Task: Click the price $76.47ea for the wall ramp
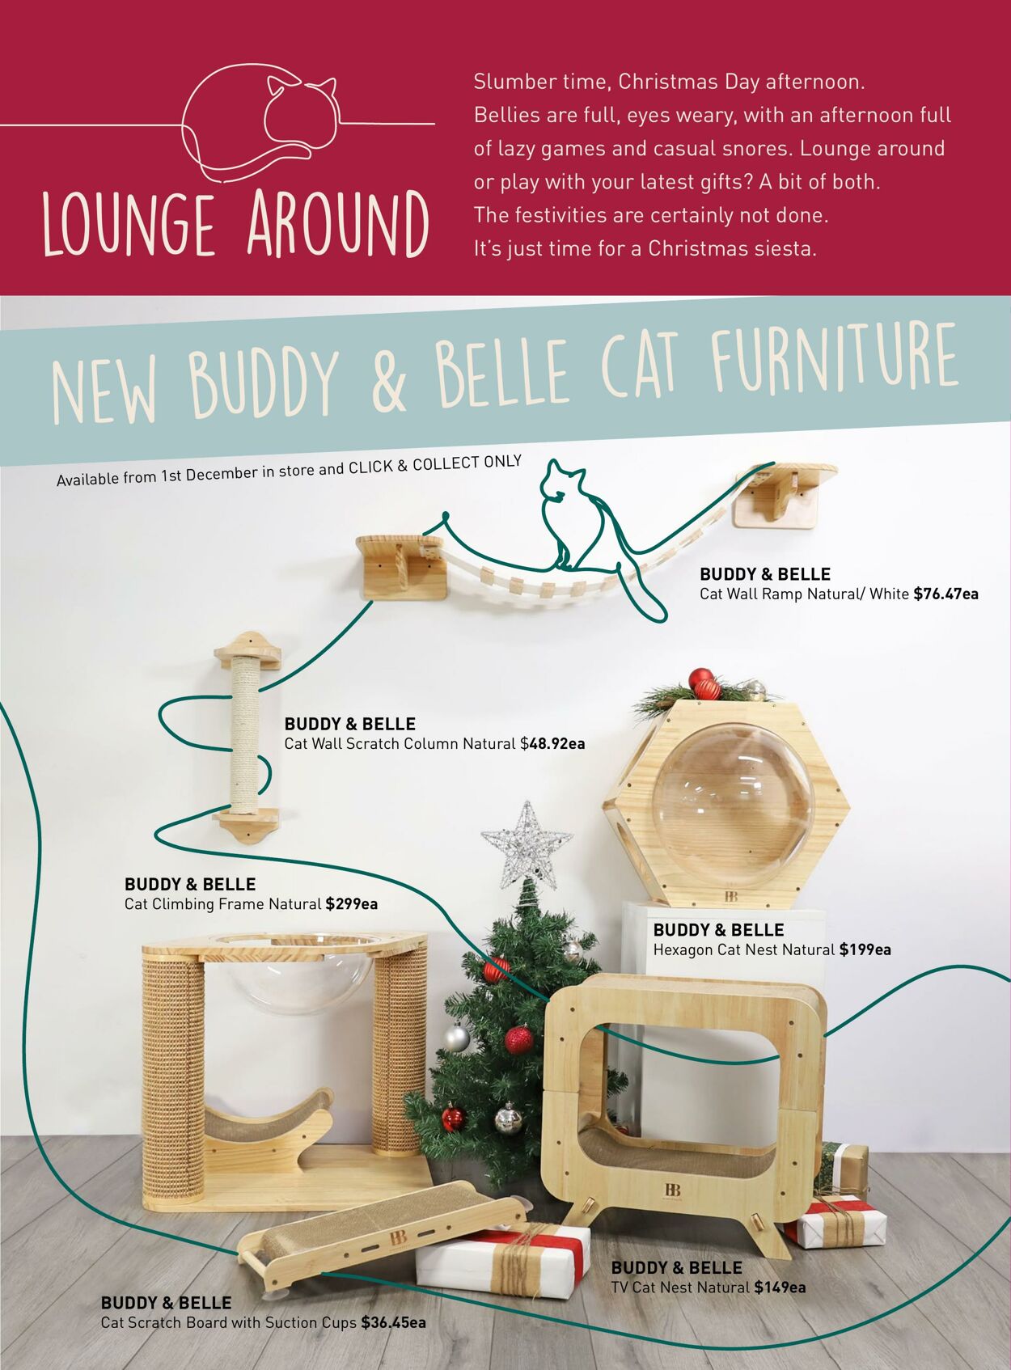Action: pyautogui.click(x=945, y=594)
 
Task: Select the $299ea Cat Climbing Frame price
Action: pyautogui.click(x=352, y=903)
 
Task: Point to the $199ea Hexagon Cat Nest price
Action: pyautogui.click(x=865, y=949)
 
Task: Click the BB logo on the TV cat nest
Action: pyautogui.click(x=673, y=1189)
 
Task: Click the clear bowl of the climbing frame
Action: pyautogui.click(x=298, y=973)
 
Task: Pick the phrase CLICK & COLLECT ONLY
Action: pyautogui.click(x=435, y=464)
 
